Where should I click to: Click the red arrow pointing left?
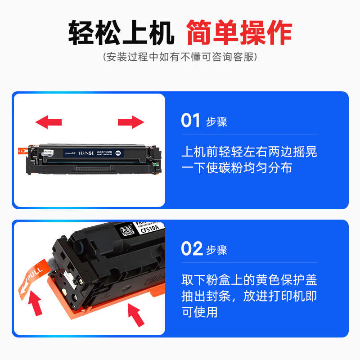tap(48, 121)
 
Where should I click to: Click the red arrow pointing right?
tap(131, 121)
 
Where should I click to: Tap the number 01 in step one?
tap(190, 121)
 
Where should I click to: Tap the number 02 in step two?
tap(191, 249)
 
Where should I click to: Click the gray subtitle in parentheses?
tap(180, 57)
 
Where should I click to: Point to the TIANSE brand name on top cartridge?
tap(84, 153)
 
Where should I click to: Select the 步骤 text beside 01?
tap(216, 122)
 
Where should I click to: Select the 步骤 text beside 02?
tap(216, 250)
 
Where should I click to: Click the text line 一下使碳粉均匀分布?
tap(237, 168)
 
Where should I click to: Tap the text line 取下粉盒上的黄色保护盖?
tap(249, 280)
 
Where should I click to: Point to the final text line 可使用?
tap(199, 312)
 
